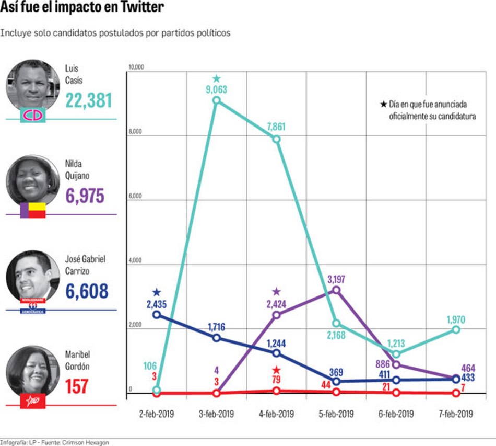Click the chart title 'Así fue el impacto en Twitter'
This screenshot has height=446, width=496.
(x=82, y=8)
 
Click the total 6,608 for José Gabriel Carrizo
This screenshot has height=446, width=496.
(x=87, y=291)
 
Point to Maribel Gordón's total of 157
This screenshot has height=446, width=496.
(x=77, y=386)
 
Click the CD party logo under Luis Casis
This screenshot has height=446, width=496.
(x=33, y=115)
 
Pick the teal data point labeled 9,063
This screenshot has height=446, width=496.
(x=216, y=100)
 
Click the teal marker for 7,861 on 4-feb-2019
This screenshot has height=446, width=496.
(x=276, y=139)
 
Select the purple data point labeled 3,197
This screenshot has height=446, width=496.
(x=336, y=290)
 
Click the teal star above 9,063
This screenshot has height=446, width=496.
(x=217, y=79)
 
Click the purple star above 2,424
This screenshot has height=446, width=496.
(x=276, y=292)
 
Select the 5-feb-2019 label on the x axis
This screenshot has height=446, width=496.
(x=336, y=414)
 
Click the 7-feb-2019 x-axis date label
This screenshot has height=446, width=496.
(x=456, y=414)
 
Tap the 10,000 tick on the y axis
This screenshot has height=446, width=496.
(x=136, y=67)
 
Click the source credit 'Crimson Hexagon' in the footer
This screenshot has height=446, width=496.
(x=91, y=442)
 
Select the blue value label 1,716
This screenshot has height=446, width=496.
(x=216, y=326)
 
